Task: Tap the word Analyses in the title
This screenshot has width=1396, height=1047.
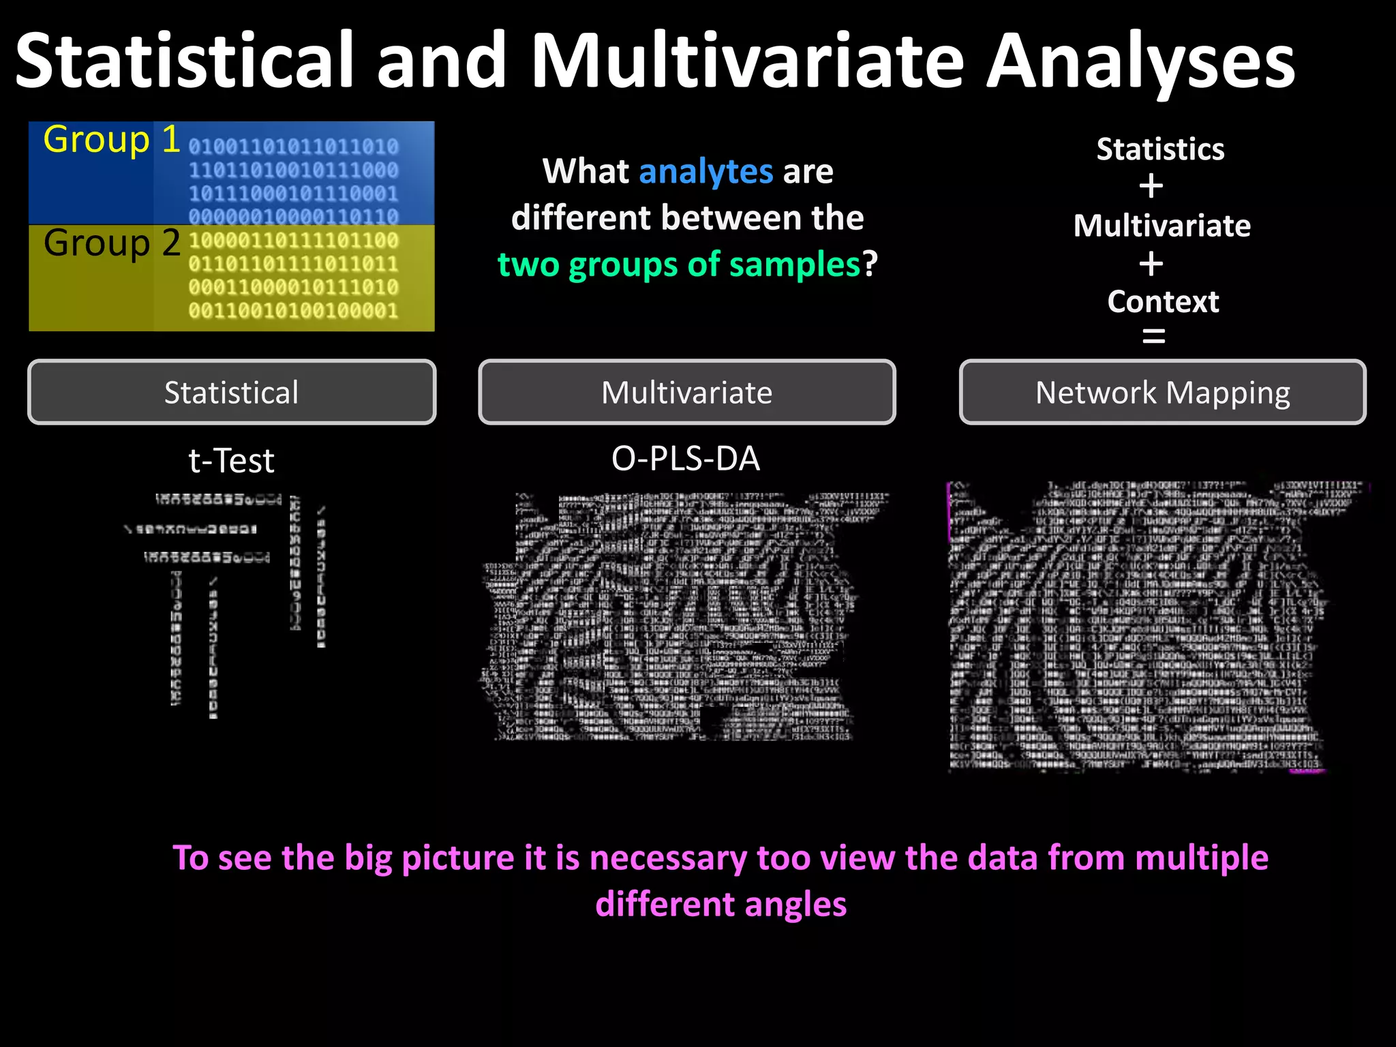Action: [x=1140, y=63]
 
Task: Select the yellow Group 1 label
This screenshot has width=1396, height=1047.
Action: [x=111, y=140]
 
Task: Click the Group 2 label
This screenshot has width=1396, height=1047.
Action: [x=112, y=243]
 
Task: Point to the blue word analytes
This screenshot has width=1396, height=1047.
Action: [x=705, y=171]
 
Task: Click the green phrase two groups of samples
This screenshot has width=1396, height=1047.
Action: [x=679, y=264]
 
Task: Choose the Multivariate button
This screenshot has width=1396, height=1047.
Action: [x=686, y=393]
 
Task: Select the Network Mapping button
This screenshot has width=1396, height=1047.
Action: [x=1162, y=393]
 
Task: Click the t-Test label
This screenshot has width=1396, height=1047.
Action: [x=231, y=461]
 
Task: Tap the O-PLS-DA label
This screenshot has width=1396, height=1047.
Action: [x=685, y=459]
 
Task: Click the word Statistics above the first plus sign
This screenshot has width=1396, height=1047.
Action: [x=1160, y=149]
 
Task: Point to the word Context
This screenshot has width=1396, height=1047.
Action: [x=1163, y=301]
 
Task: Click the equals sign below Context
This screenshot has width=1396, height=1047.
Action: [x=1153, y=335]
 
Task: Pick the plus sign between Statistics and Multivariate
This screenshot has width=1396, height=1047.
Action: [x=1151, y=187]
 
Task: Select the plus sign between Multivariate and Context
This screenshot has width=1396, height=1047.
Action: [x=1151, y=264]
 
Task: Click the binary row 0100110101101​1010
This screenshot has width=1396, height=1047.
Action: [x=293, y=147]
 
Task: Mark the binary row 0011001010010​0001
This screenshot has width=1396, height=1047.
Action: [x=293, y=311]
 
